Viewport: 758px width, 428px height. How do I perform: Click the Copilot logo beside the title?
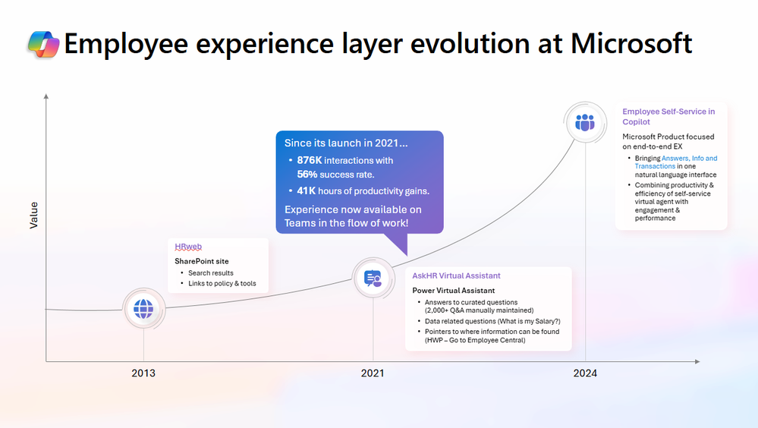[43, 45]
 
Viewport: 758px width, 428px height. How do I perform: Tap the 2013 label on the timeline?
[143, 373]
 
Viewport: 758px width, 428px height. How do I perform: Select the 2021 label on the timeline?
[373, 373]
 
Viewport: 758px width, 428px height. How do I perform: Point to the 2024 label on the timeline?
[585, 373]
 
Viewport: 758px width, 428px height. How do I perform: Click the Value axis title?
[33, 215]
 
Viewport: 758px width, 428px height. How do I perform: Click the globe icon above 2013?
[143, 308]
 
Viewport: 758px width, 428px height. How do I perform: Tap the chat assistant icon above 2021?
[373, 279]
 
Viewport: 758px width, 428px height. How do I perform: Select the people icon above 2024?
[585, 123]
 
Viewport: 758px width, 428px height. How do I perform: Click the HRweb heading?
[188, 247]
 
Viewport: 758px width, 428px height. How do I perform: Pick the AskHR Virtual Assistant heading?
[456, 275]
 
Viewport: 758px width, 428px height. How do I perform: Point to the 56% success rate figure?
[307, 174]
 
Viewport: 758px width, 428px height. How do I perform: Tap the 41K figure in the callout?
[307, 191]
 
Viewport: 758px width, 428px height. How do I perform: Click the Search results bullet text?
[211, 273]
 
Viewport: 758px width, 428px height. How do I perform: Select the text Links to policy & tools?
[222, 284]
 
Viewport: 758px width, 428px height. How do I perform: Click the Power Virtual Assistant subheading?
[453, 291]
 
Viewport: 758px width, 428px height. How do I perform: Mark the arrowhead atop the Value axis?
[46, 96]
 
